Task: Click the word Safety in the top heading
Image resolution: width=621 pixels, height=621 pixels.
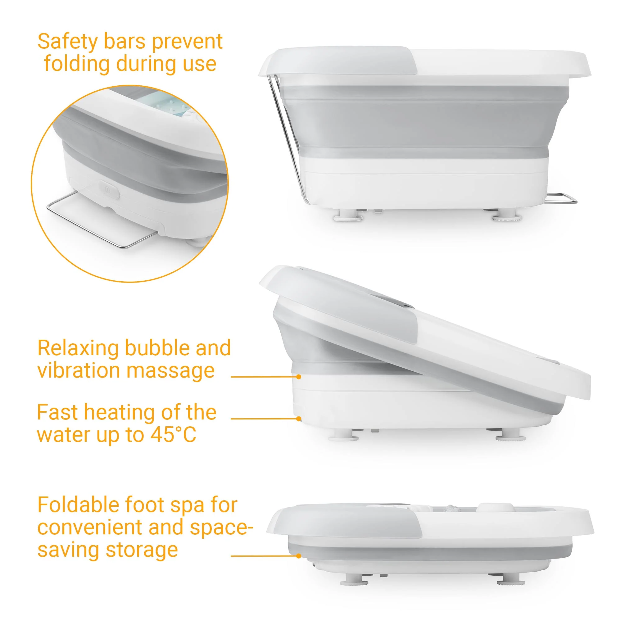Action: [x=67, y=42]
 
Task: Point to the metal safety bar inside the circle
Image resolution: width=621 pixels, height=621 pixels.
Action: [x=97, y=220]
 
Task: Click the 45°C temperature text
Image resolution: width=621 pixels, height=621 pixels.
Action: [x=173, y=435]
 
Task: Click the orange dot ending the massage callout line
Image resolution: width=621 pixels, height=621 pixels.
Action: [x=299, y=377]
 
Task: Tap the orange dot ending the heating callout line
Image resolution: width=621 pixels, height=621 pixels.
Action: [x=299, y=419]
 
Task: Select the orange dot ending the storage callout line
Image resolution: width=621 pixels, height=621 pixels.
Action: [x=299, y=556]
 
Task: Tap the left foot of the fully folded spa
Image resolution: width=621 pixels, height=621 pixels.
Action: [x=354, y=580]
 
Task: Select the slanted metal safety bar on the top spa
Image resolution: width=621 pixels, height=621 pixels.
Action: [x=288, y=138]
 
